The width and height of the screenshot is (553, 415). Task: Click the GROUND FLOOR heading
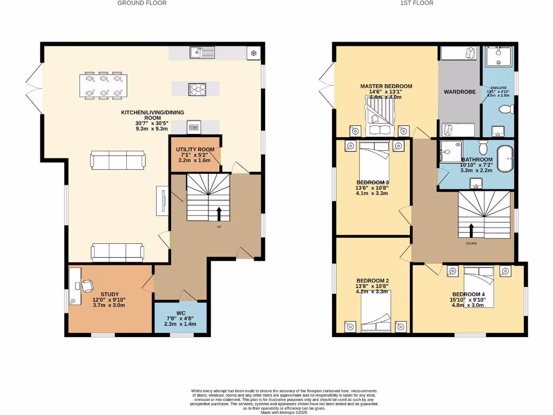tap(142, 3)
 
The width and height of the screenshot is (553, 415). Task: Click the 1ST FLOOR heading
tap(416, 3)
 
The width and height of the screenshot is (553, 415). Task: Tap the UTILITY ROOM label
tap(195, 149)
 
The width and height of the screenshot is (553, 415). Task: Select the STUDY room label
tap(110, 294)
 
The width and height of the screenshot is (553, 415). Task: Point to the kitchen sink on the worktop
tap(201, 53)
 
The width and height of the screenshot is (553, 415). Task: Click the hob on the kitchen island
tap(196, 89)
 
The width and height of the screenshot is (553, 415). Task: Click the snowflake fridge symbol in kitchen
tap(253, 53)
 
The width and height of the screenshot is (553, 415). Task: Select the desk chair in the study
tap(87, 286)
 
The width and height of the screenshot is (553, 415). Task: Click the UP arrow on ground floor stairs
tap(219, 212)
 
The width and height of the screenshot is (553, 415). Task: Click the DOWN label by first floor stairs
tap(471, 243)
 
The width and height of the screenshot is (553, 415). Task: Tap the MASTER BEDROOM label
tap(386, 86)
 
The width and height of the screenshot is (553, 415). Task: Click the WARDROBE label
tap(460, 92)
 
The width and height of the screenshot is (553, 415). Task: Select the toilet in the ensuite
tap(506, 110)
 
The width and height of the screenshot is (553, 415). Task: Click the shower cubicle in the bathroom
tap(451, 151)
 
